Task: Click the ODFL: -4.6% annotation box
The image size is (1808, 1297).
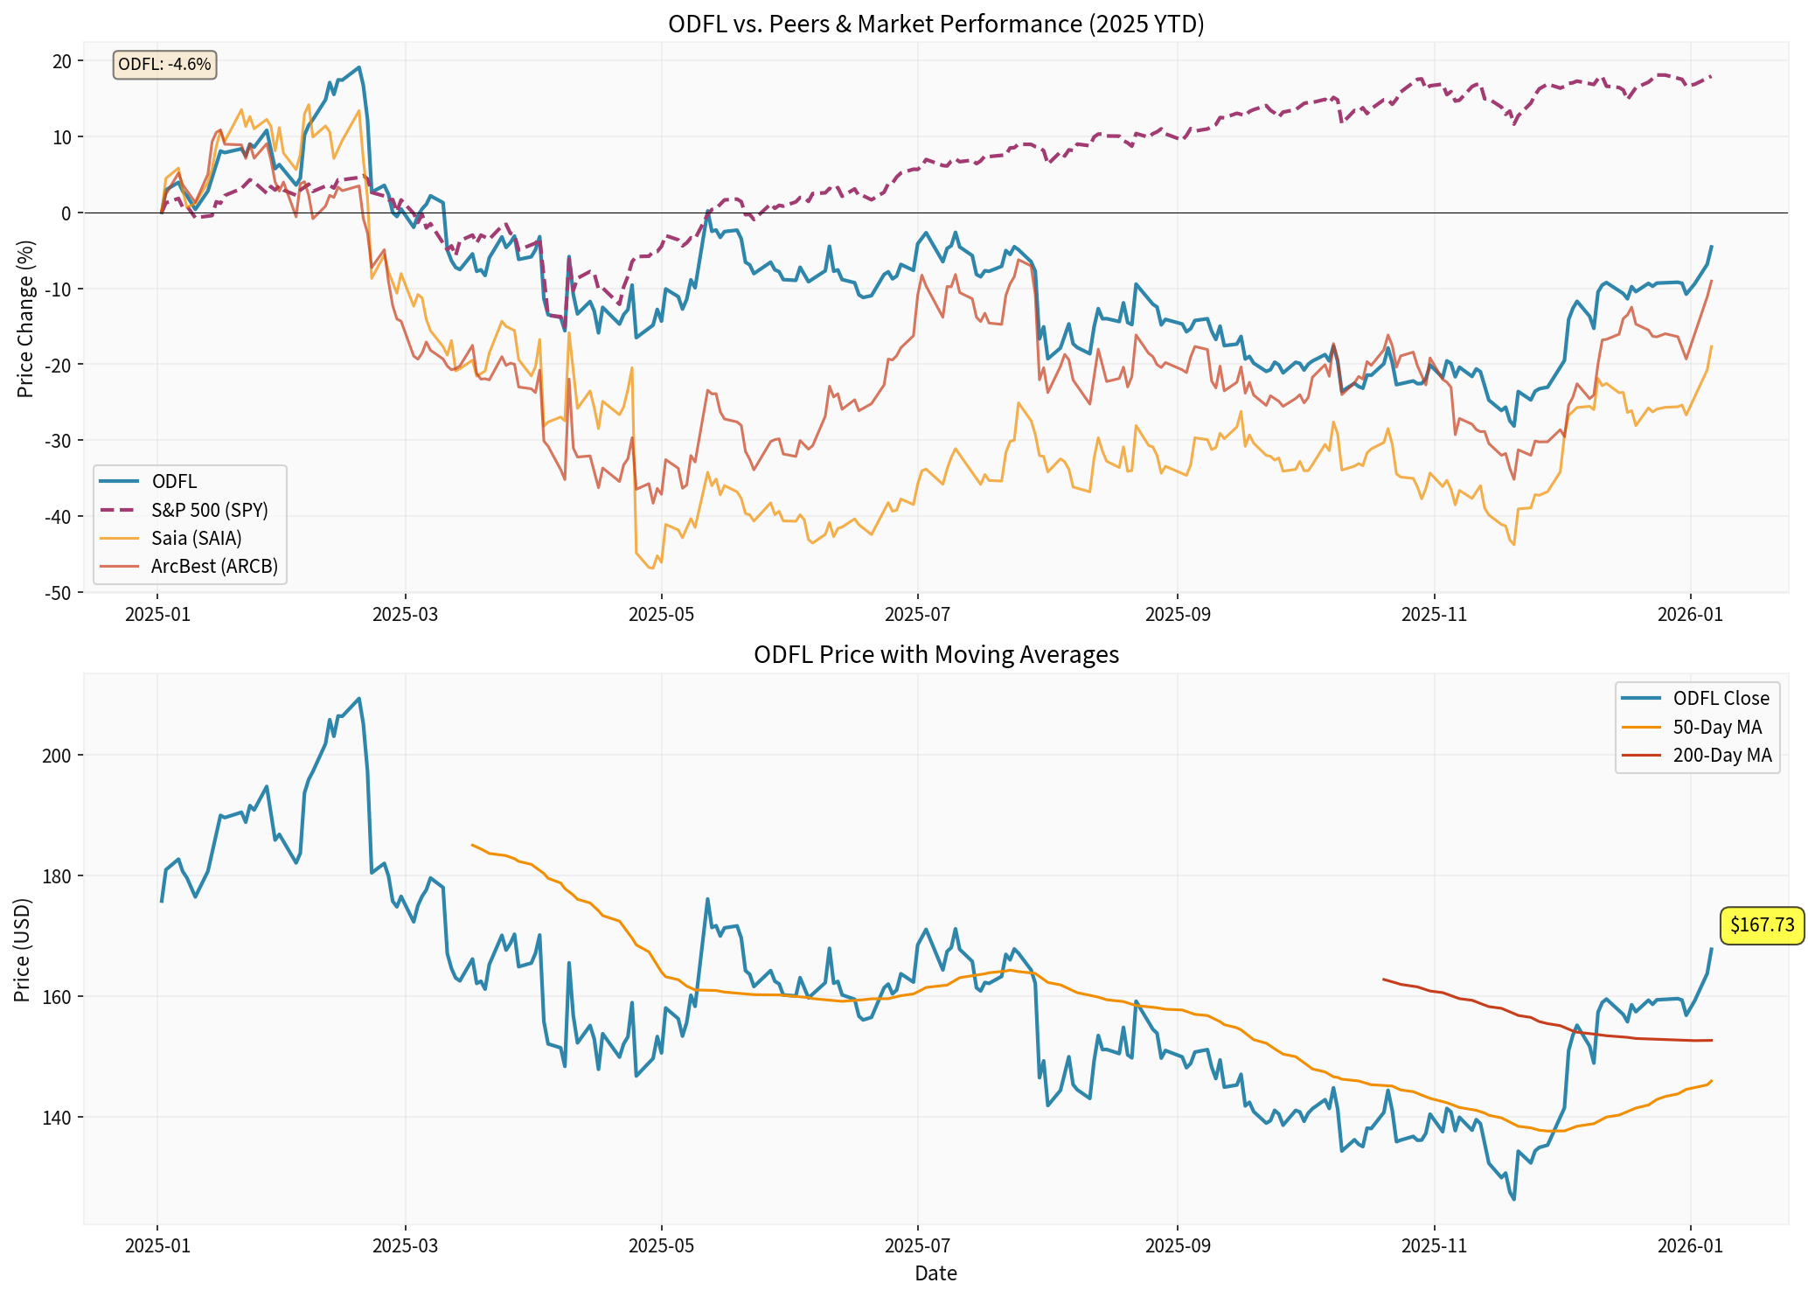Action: pyautogui.click(x=164, y=64)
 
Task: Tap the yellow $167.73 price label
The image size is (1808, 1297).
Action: pyautogui.click(x=1762, y=925)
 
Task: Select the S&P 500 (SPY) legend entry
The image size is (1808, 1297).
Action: pyautogui.click(x=209, y=510)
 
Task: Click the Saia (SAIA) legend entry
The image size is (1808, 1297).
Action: pyautogui.click(x=196, y=538)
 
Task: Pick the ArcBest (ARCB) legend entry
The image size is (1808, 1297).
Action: pyautogui.click(x=214, y=566)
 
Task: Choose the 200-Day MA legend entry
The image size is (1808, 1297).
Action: pyautogui.click(x=1721, y=756)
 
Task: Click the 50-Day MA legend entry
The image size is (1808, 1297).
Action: pyautogui.click(x=1717, y=728)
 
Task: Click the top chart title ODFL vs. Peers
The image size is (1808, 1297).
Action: pyautogui.click(x=935, y=24)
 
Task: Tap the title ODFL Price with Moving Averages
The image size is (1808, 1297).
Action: pyautogui.click(x=935, y=654)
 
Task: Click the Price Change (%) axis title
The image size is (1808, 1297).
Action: pyautogui.click(x=25, y=318)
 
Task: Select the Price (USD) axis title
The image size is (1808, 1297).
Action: pyautogui.click(x=23, y=950)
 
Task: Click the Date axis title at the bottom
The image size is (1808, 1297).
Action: pyautogui.click(x=935, y=1273)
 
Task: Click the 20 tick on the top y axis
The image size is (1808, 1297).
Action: pyautogui.click(x=63, y=61)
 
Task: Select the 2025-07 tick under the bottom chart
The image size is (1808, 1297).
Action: pyautogui.click(x=917, y=1245)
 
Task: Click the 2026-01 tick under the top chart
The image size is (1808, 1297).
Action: pyautogui.click(x=1690, y=614)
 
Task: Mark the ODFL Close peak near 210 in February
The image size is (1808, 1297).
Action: pyautogui.click(x=358, y=699)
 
